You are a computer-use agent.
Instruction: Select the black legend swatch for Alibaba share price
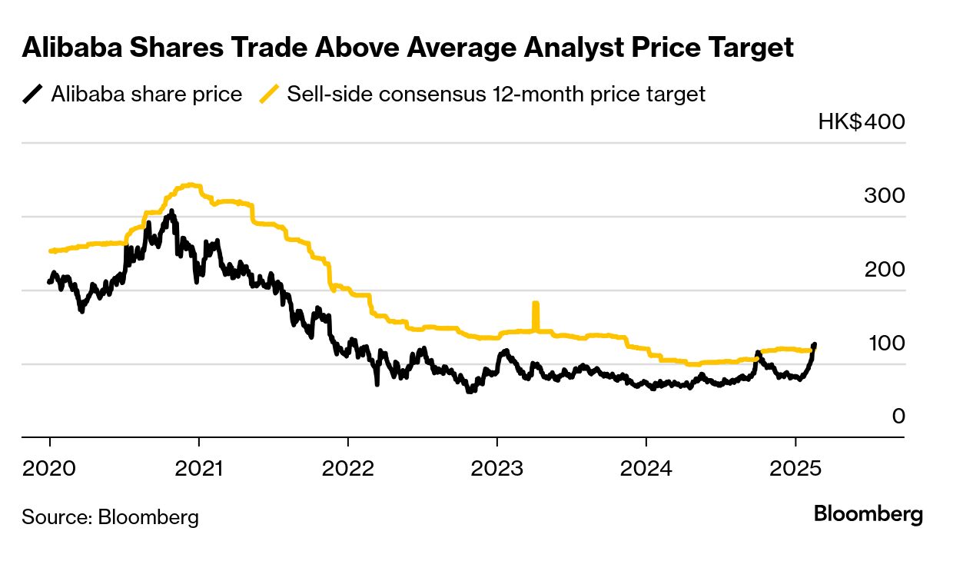point(32,95)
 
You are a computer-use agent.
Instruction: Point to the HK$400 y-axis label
point(862,121)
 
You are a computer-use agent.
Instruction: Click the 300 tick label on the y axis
point(885,195)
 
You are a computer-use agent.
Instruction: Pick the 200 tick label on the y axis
point(885,269)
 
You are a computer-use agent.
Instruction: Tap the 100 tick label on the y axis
point(885,343)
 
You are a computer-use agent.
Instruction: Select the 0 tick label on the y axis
point(898,416)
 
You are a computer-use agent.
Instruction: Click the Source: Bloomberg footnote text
point(110,517)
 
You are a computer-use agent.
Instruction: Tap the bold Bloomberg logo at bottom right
point(868,514)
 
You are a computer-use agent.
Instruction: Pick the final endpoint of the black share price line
point(815,345)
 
